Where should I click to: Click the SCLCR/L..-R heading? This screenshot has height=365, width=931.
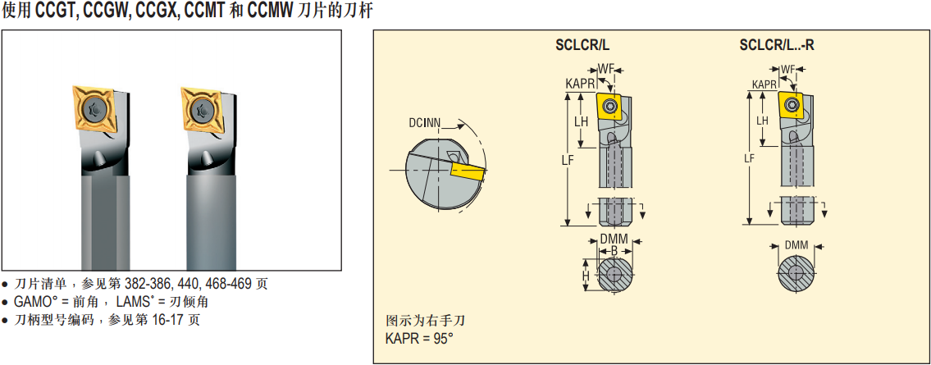click(776, 46)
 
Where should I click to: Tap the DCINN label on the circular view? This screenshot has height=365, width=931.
click(424, 123)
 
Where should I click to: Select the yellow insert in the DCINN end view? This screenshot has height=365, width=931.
click(467, 171)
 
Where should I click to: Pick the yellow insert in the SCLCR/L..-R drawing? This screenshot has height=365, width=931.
click(792, 105)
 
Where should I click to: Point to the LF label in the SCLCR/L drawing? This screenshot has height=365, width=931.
click(566, 160)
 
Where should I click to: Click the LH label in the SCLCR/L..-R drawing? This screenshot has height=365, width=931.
click(762, 121)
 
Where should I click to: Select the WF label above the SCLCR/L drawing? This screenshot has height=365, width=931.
click(606, 67)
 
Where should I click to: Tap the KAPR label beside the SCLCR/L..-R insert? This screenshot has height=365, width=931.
click(764, 84)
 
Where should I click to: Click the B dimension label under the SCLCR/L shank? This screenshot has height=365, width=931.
click(614, 249)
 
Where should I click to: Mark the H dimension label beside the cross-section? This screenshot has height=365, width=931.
click(586, 276)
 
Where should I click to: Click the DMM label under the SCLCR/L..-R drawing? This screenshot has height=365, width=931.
click(796, 245)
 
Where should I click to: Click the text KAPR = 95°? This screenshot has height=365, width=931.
click(419, 338)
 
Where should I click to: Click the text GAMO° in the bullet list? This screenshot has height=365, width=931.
click(35, 302)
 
